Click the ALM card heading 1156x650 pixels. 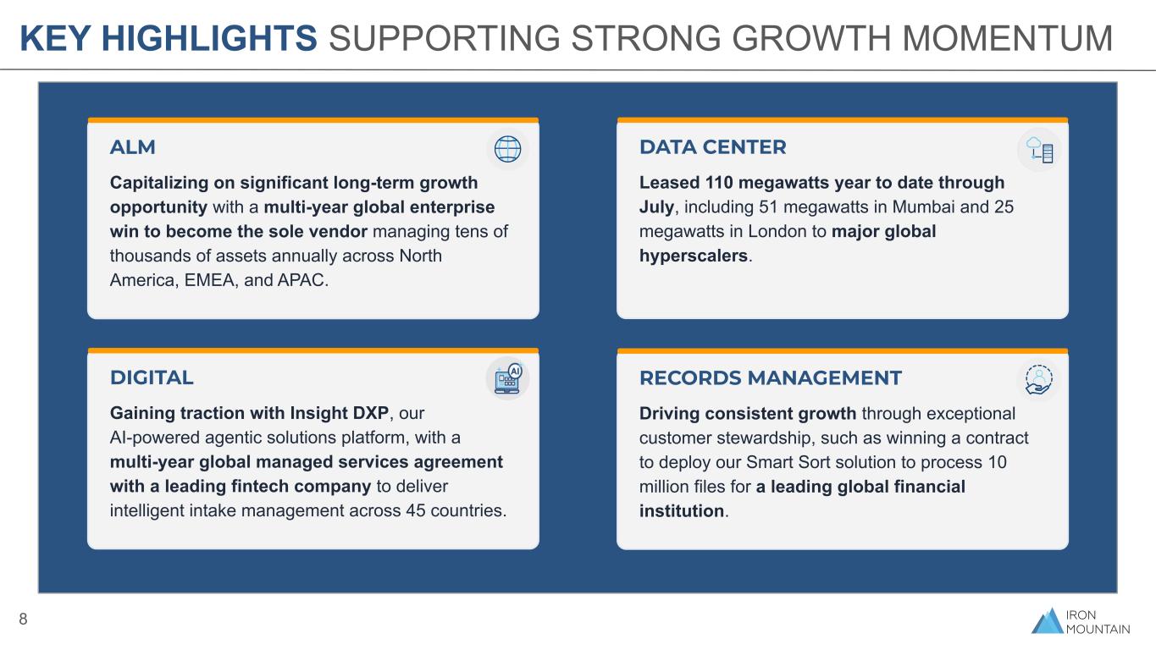point(132,147)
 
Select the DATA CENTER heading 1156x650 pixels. point(713,147)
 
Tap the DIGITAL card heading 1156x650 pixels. point(152,377)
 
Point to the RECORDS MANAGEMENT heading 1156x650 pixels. point(770,378)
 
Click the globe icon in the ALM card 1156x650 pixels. point(508,149)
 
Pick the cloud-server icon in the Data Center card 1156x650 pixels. point(1039,150)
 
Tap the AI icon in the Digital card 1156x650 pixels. point(508,378)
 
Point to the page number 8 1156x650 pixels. point(23,619)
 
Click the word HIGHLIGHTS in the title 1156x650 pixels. point(209,38)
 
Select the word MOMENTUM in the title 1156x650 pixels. point(1007,38)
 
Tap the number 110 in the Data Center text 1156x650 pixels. point(719,183)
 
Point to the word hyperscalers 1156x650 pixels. point(693,256)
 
